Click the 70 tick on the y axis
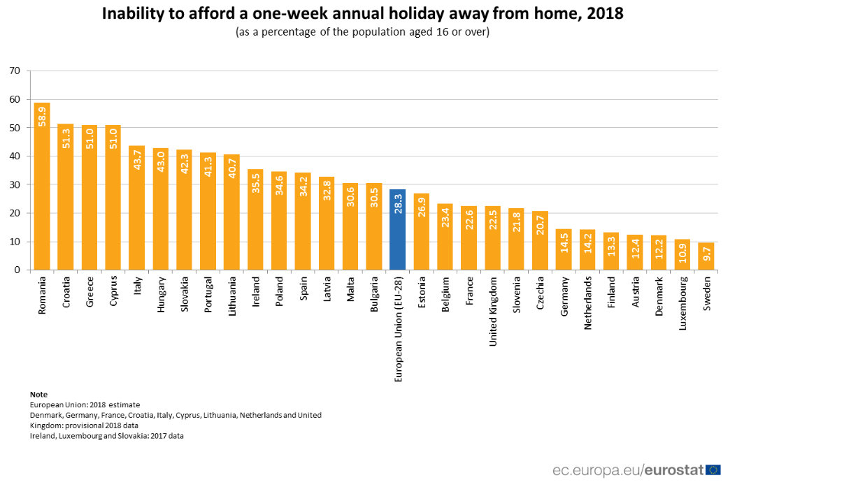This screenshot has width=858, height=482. (x=15, y=71)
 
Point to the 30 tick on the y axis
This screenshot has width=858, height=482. (x=15, y=184)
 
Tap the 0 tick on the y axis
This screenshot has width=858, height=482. (x=17, y=270)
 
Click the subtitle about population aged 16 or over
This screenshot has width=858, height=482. (x=362, y=33)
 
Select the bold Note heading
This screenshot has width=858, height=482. (x=38, y=395)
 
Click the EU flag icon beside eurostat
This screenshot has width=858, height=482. (x=713, y=469)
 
